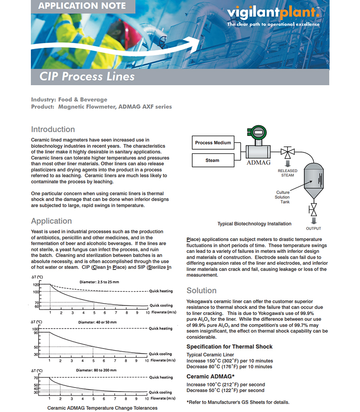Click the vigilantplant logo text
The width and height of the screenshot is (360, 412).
(272, 12)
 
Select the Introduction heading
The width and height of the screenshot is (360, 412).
(53, 129)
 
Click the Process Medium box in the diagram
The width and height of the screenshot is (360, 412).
(213, 143)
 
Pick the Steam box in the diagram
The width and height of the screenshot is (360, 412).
(213, 160)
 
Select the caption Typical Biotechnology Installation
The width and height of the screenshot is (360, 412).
(254, 223)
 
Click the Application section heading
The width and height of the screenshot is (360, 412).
(51, 221)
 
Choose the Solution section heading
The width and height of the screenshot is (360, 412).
(202, 291)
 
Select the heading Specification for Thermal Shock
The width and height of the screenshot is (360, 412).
(229, 347)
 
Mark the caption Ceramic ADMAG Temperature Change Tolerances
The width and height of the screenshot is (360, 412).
(102, 408)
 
